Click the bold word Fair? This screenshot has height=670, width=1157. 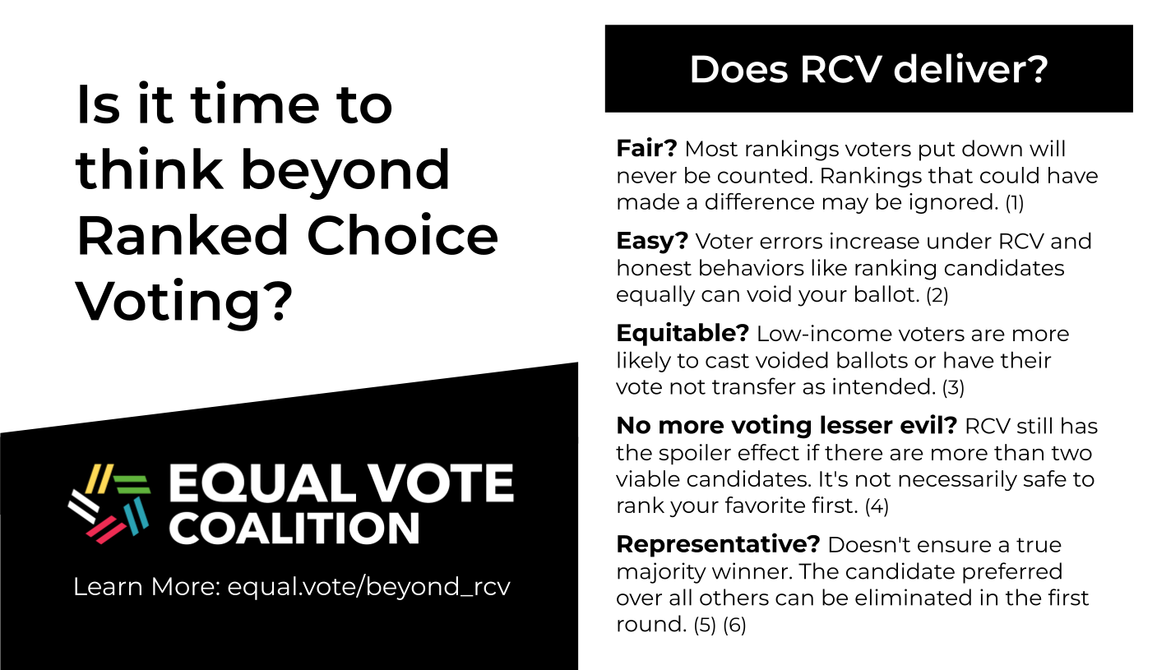646,149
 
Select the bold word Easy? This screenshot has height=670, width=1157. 652,241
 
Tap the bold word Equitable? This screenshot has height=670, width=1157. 683,334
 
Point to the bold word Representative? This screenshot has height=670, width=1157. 718,544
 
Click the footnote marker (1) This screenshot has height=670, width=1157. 1015,202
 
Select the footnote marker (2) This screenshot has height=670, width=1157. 937,295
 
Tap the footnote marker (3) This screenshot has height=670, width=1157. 954,387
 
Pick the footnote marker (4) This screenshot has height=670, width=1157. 877,506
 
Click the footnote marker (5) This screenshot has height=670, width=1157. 705,625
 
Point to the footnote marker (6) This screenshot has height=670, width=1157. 734,625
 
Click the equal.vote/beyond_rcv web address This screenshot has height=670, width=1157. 368,587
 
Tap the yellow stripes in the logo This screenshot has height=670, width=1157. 99,478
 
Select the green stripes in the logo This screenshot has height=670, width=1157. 132,484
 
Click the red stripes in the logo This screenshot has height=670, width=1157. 106,529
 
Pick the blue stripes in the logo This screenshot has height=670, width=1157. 137,515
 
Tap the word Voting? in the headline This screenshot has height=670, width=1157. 184,302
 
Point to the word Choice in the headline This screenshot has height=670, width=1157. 402,236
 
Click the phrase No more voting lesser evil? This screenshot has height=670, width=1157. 787,425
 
